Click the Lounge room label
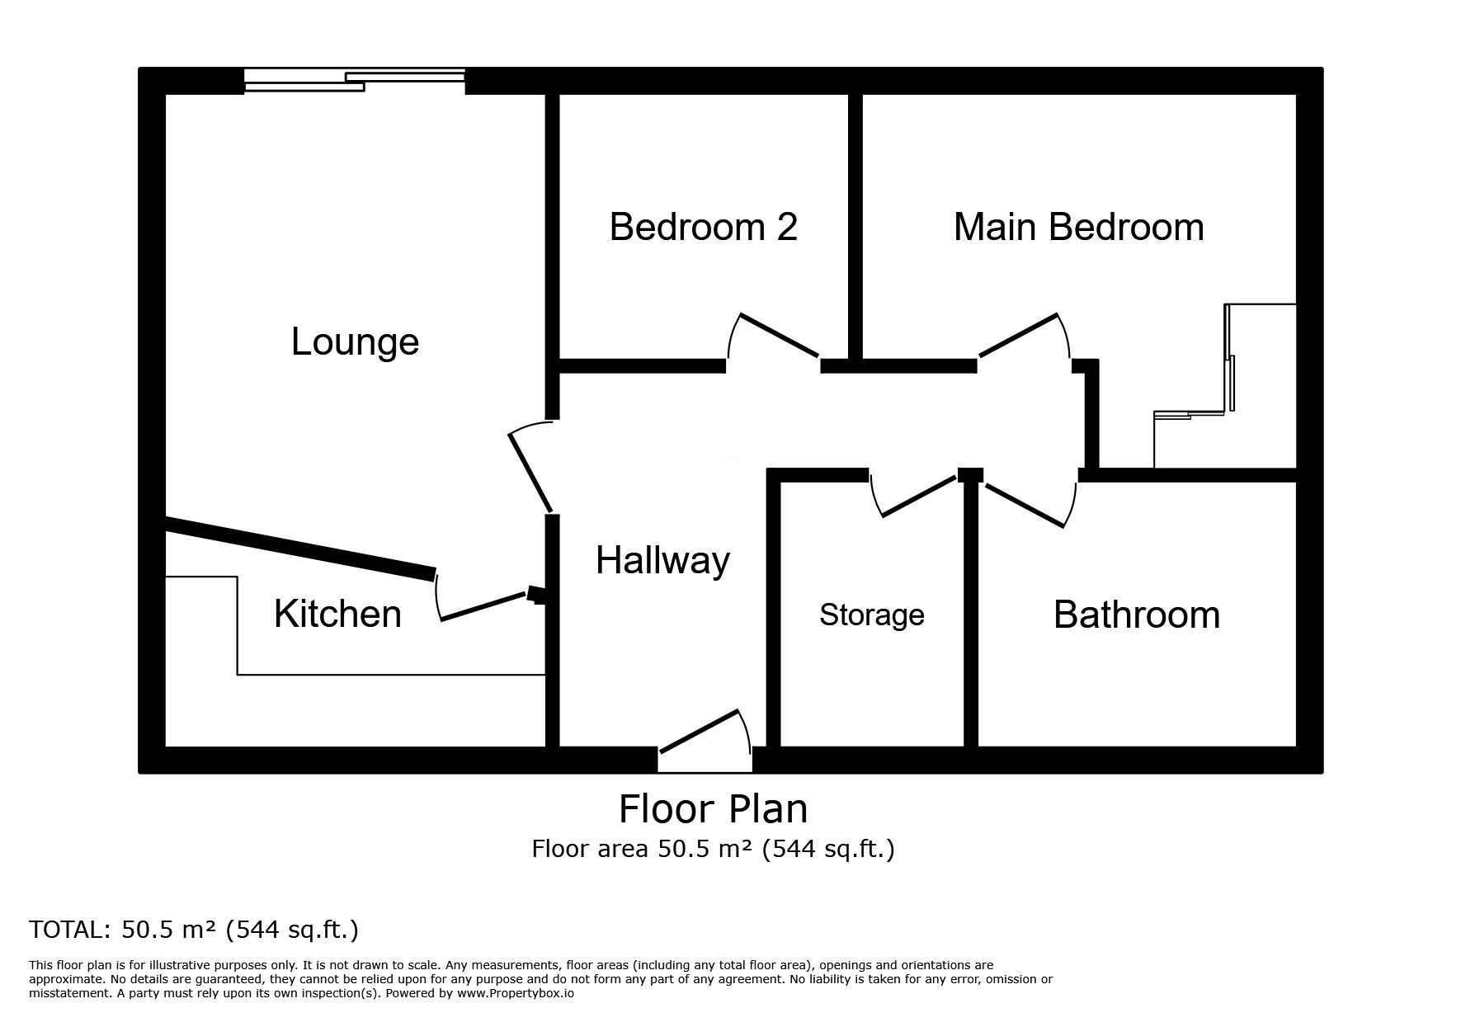click(x=355, y=341)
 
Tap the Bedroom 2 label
click(x=703, y=227)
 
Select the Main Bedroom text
click(x=1078, y=227)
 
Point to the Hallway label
click(x=662, y=561)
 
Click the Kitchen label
click(x=337, y=614)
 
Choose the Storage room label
click(x=871, y=615)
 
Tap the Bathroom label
click(x=1136, y=615)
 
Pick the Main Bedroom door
click(x=1020, y=336)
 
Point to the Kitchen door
click(x=483, y=606)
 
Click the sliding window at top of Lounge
click(x=355, y=81)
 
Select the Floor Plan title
click(x=713, y=809)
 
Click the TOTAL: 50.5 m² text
click(x=194, y=930)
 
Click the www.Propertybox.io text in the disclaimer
click(x=515, y=994)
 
